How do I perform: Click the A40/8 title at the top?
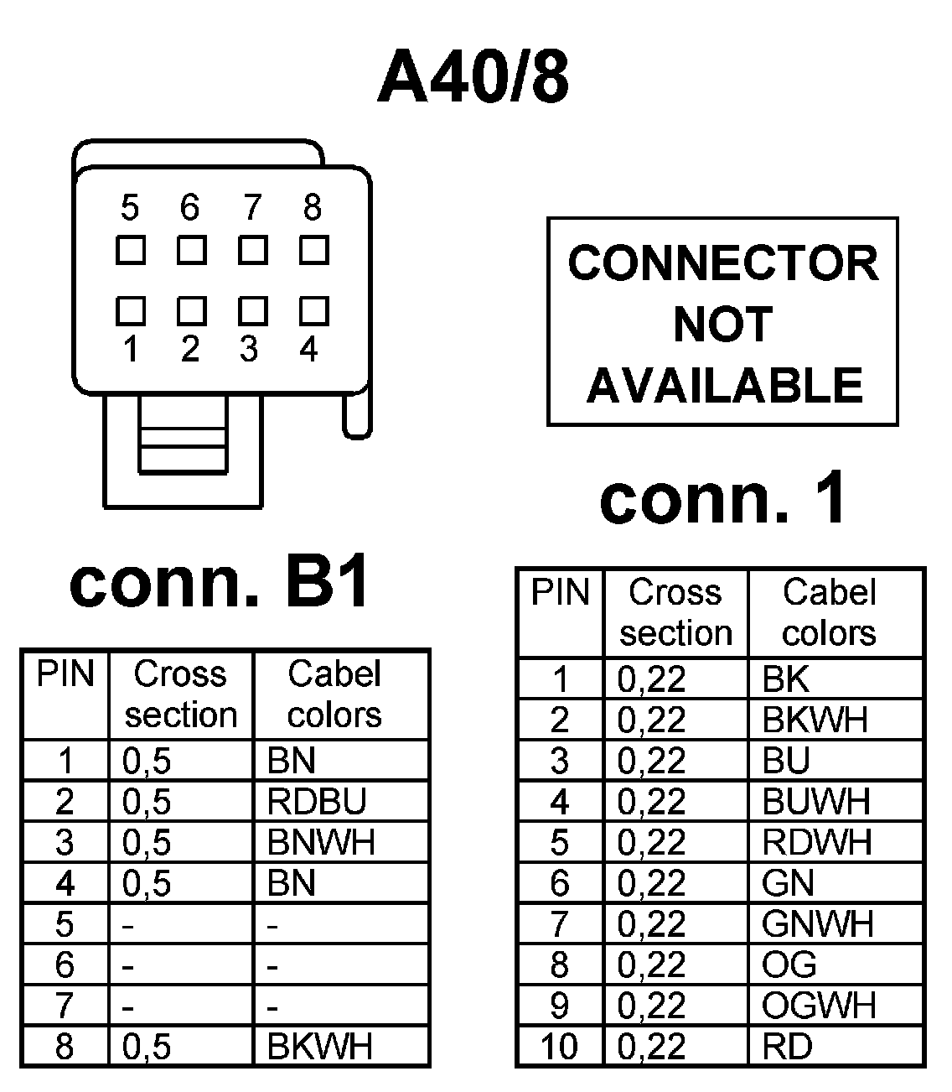473,78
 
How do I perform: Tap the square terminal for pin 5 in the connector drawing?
130,250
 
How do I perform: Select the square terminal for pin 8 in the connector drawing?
313,250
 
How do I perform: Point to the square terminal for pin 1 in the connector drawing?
130,310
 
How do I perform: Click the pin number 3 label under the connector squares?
249,348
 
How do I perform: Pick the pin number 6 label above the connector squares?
190,206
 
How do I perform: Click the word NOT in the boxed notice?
722,325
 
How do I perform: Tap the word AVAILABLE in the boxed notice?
724,386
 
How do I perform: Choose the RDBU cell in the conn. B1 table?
317,802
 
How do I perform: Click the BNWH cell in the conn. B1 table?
321,842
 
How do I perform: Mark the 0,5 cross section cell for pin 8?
147,1047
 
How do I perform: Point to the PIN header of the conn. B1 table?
65,674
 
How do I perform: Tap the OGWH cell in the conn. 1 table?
819,1005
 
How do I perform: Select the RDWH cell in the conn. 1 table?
817,842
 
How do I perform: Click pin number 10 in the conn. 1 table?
559,1046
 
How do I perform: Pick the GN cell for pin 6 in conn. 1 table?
788,883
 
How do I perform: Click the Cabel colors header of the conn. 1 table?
829,612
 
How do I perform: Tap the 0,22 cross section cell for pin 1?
651,679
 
